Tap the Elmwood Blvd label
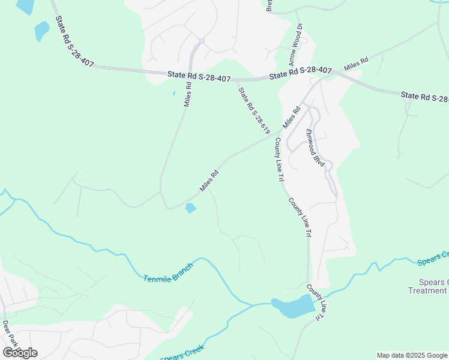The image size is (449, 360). tap(315, 148)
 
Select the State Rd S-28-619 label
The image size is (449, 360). tap(254, 110)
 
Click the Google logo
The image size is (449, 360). tap(20, 352)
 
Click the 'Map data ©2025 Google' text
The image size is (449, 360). tap(412, 355)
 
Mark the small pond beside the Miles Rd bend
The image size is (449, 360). tap(190, 208)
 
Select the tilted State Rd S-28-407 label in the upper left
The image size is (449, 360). tap(74, 41)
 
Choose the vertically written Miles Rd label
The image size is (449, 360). tap(187, 94)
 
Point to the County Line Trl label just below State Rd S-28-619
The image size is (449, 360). tap(279, 159)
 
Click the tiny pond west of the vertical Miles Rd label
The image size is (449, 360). tap(173, 94)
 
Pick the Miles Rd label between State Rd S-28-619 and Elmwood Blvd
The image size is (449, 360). tap(291, 117)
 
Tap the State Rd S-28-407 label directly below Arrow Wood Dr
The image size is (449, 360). tap(300, 73)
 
